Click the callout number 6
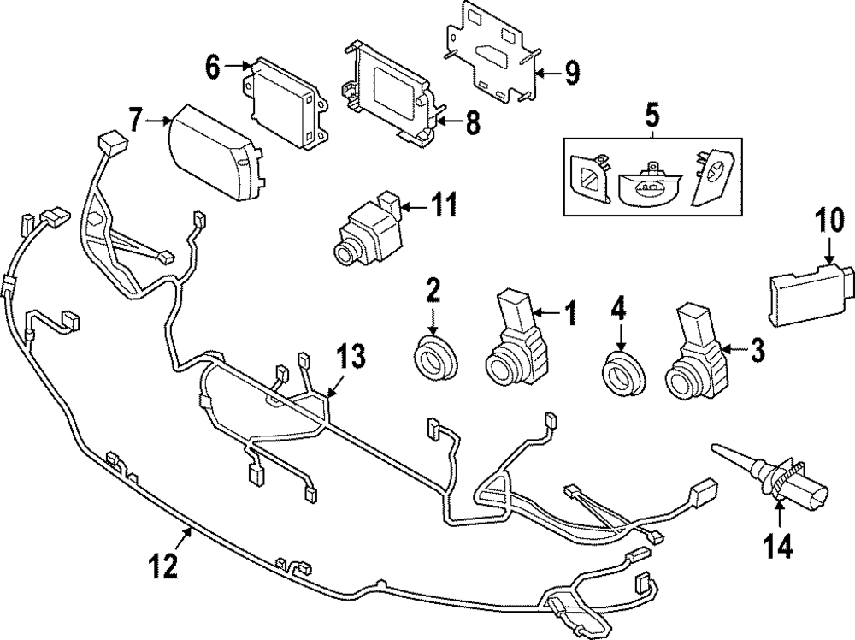pos(212,65)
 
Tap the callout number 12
pos(163,565)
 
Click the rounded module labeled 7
pos(215,151)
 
